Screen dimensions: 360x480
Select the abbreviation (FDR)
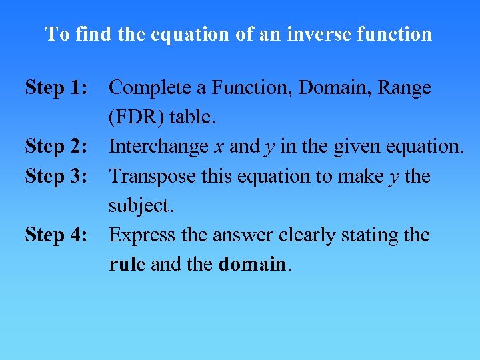(137, 117)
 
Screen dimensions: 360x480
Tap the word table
(193, 117)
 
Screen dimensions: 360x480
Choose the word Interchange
(159, 146)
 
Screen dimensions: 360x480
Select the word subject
(141, 206)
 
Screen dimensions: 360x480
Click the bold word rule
(127, 264)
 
